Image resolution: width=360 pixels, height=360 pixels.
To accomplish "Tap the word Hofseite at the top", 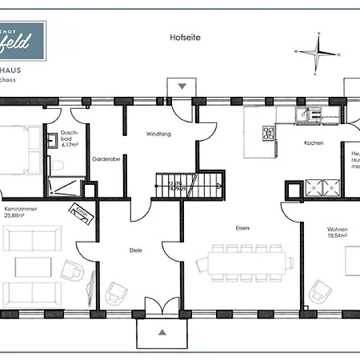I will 183,37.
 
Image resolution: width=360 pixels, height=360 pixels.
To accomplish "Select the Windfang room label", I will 157,134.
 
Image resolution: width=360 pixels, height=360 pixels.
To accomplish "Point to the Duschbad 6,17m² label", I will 70,141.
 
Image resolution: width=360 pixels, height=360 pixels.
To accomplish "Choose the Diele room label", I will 135,250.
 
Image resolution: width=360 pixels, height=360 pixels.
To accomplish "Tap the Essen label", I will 242,228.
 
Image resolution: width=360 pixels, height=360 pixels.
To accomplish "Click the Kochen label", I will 314,142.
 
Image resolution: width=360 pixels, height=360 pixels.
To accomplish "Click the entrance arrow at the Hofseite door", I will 182,86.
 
